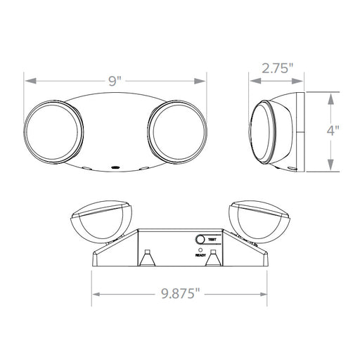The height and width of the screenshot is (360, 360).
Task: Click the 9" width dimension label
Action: click(115, 81)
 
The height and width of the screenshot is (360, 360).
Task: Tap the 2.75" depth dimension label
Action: click(278, 68)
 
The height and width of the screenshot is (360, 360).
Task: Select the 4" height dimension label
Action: click(333, 130)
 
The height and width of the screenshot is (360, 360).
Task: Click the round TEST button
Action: click(200, 240)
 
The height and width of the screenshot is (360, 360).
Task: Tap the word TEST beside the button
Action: click(212, 240)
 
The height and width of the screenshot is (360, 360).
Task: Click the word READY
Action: click(200, 255)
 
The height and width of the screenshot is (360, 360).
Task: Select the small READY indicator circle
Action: click(200, 250)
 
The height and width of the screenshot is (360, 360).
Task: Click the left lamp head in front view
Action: click(53, 132)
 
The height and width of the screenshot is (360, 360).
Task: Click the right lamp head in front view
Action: click(177, 132)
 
